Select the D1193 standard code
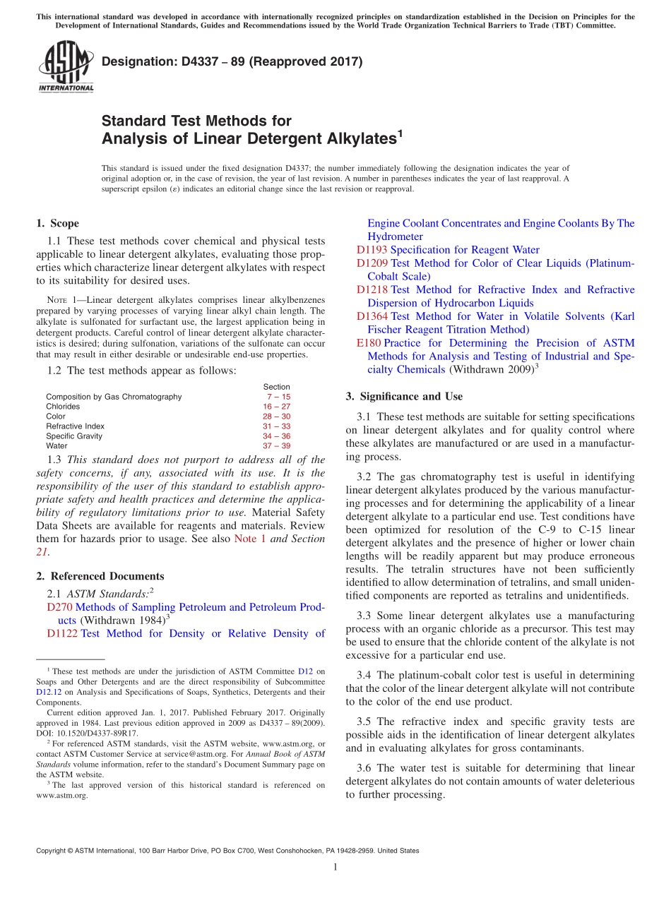coord(372,250)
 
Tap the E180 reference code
coord(369,343)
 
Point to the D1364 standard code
coord(372,316)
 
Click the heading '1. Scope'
coord(57,223)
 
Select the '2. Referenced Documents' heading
coord(100,576)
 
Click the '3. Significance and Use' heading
coord(404,396)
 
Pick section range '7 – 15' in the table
coord(278,397)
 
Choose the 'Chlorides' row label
coord(63,407)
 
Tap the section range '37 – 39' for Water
coord(276,446)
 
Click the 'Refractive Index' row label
coord(75,426)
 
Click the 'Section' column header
coord(276,387)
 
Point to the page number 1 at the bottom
coord(335,867)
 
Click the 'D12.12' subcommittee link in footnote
coord(47,693)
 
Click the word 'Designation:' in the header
coord(134,62)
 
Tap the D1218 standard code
coord(372,289)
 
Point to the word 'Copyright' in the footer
coord(52,851)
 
